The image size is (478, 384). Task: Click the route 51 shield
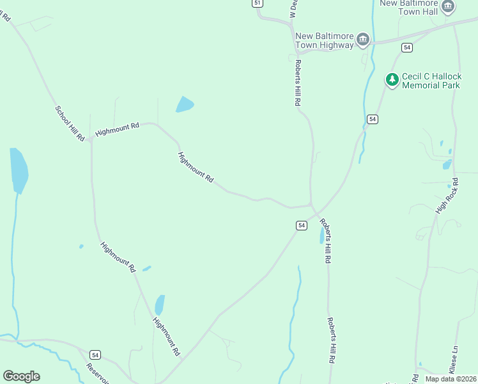point(257,3)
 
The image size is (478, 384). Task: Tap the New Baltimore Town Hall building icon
point(448,7)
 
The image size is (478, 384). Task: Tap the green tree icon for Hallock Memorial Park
point(392,80)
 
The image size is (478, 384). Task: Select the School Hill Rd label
point(70,123)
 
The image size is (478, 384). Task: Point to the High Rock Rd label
point(447,195)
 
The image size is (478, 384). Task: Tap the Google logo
point(21,376)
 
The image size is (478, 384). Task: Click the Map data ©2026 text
point(451,378)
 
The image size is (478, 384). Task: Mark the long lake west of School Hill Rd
point(19,170)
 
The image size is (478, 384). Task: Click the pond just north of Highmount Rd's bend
point(184,104)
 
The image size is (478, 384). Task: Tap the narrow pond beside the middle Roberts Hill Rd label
point(322,236)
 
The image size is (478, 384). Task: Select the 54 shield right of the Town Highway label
point(406,47)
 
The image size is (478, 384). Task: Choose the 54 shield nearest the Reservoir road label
point(95,355)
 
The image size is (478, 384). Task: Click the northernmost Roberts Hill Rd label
point(297,83)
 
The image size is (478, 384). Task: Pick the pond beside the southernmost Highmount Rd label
point(159,304)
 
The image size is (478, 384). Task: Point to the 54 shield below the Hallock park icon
point(373,119)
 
